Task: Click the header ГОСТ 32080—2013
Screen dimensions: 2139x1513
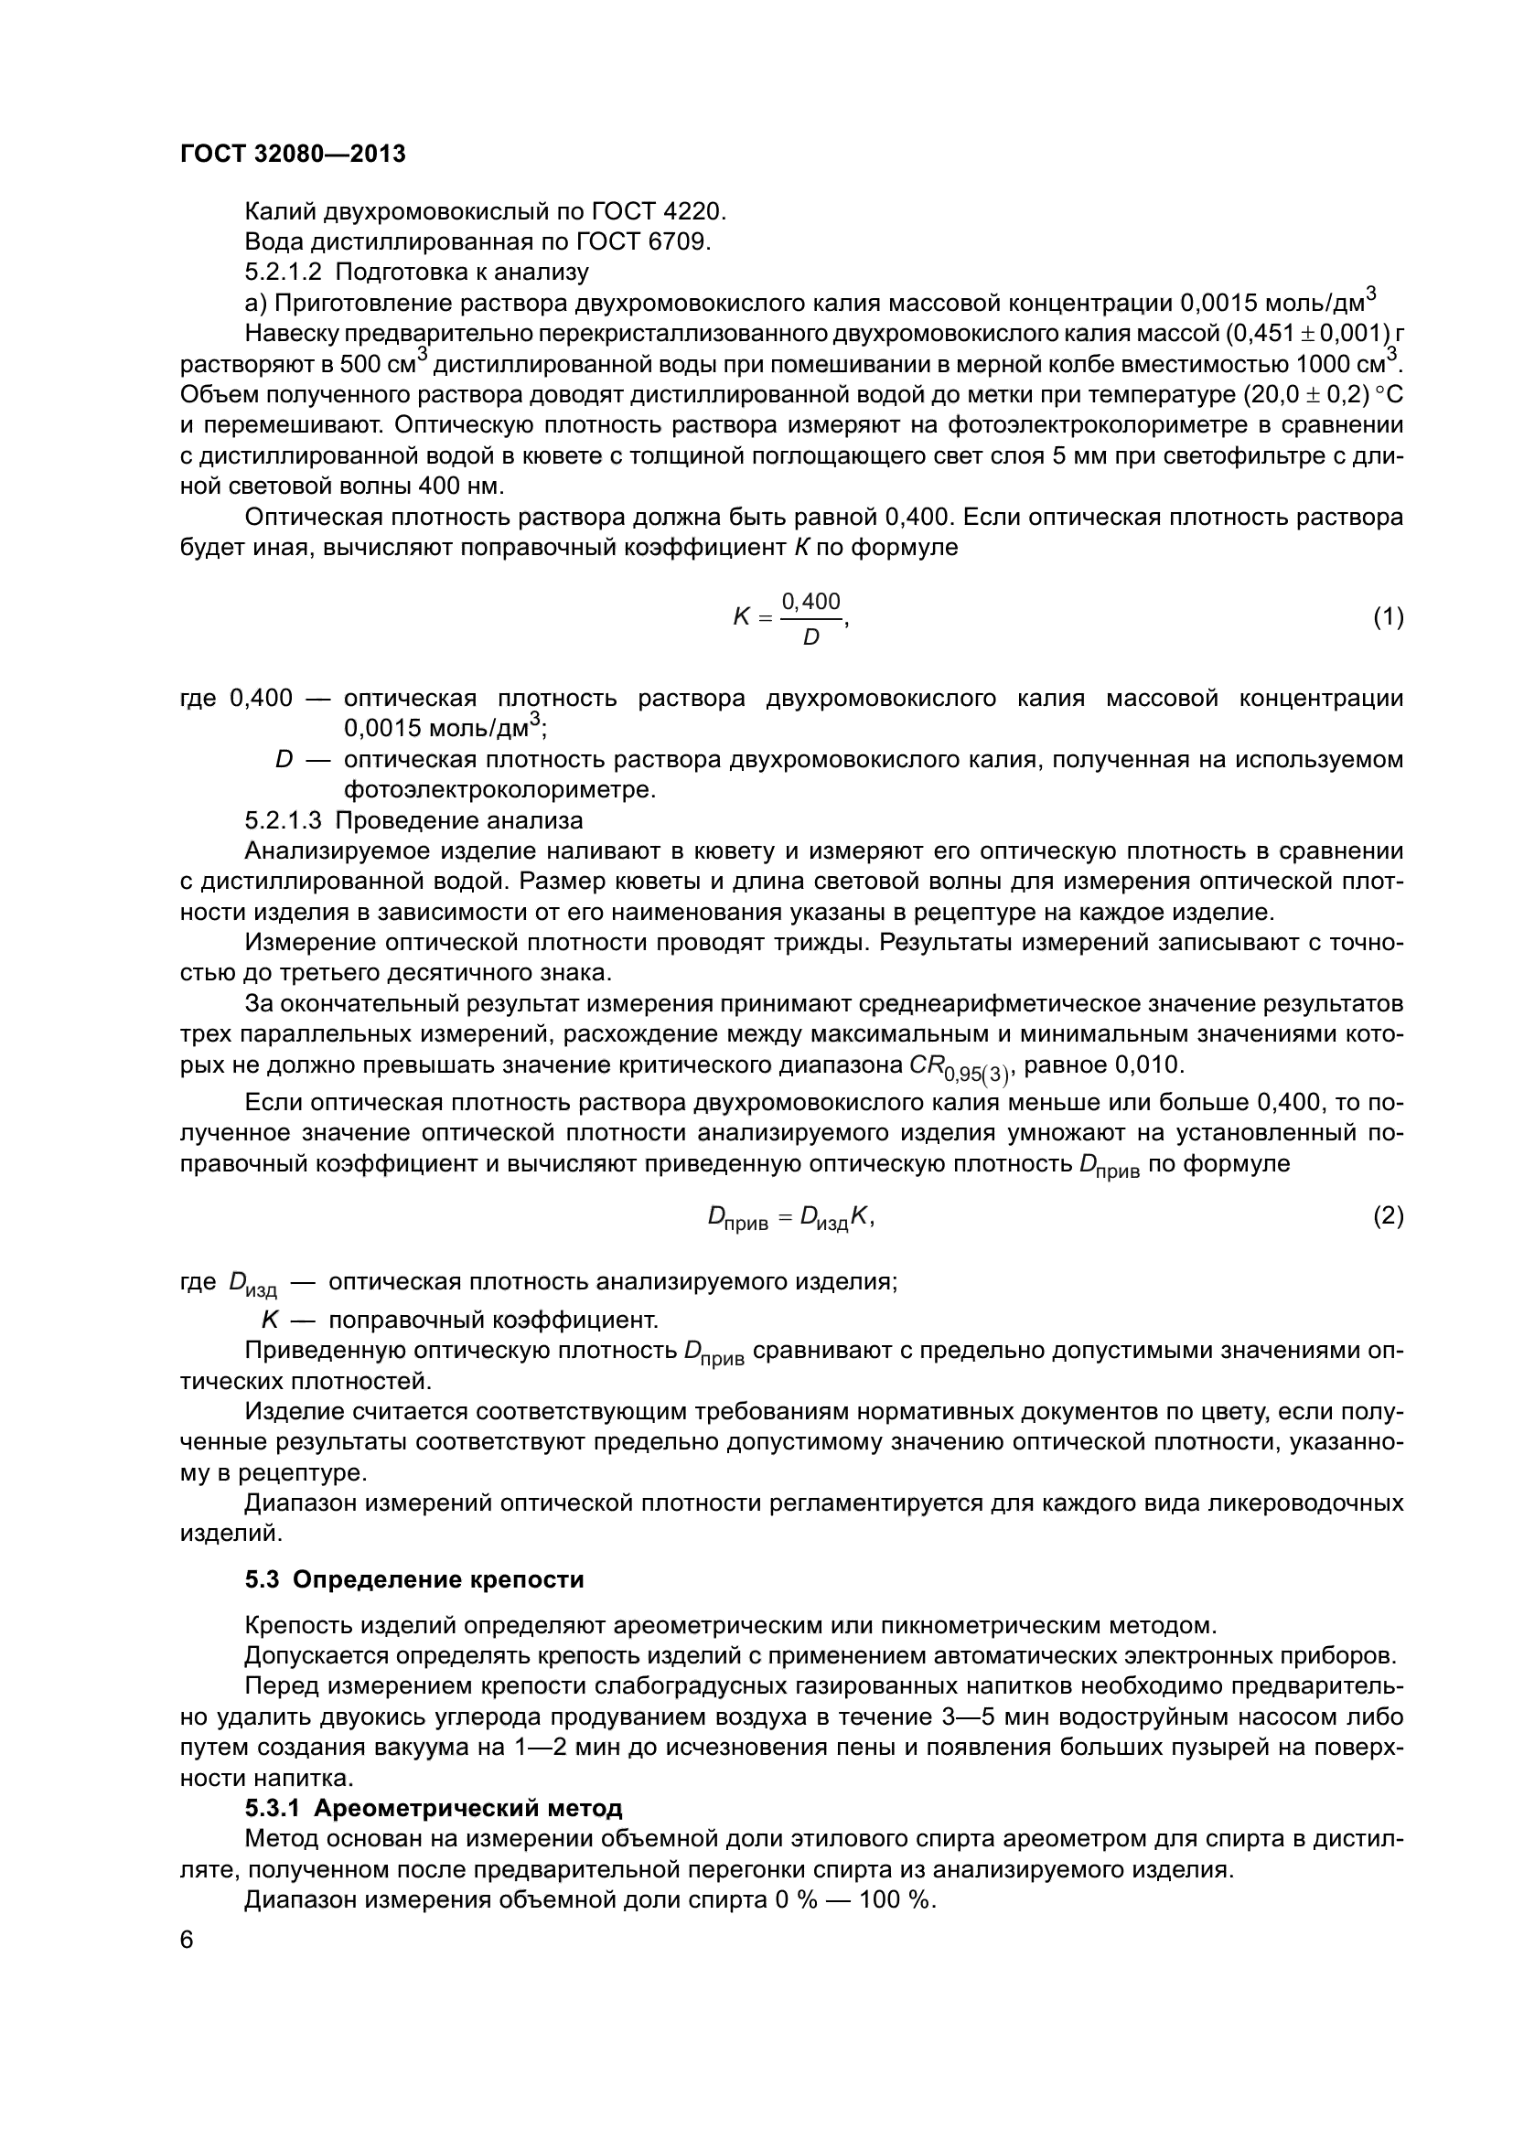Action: pos(293,154)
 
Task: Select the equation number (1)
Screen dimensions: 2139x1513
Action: pos(1388,616)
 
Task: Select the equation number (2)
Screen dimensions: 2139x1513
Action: pos(1388,1215)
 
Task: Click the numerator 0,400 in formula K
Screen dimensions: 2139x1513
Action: pos(810,602)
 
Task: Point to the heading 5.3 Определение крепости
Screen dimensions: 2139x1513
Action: pos(414,1579)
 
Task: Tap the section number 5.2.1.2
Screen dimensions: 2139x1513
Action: pos(284,272)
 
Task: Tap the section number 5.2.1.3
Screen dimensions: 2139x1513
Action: pos(284,820)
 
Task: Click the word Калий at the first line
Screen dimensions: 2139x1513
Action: pos(280,211)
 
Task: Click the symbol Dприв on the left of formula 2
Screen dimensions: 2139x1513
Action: pos(738,1217)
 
